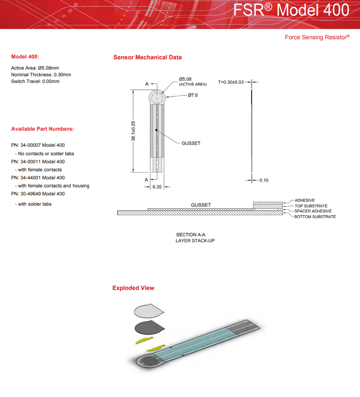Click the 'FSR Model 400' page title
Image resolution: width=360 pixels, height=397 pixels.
[x=290, y=10]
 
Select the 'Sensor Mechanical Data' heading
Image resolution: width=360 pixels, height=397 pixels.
[x=147, y=58]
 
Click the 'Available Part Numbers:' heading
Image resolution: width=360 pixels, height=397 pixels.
[x=42, y=129]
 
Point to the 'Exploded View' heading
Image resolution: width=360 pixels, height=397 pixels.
[x=133, y=288]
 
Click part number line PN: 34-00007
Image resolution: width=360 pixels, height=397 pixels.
[x=38, y=145]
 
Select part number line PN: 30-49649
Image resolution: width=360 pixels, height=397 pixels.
[x=38, y=194]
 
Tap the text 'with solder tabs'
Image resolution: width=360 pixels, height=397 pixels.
[x=35, y=204]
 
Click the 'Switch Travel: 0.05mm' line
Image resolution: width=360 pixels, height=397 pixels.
[x=35, y=82]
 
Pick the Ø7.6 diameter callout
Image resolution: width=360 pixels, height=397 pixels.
[x=192, y=95]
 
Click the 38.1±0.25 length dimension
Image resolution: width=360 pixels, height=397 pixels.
[x=133, y=131]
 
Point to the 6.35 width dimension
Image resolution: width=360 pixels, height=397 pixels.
[x=157, y=187]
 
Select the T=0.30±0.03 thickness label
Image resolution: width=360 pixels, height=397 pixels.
[x=231, y=82]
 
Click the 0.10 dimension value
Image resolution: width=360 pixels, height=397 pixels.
[x=264, y=180]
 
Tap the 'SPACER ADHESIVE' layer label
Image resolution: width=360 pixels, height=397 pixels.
[x=313, y=211]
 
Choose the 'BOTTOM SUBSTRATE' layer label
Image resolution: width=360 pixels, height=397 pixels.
[x=315, y=217]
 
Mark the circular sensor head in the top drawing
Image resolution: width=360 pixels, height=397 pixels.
[x=156, y=97]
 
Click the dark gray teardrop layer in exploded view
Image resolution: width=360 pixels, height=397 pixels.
[x=149, y=327]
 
